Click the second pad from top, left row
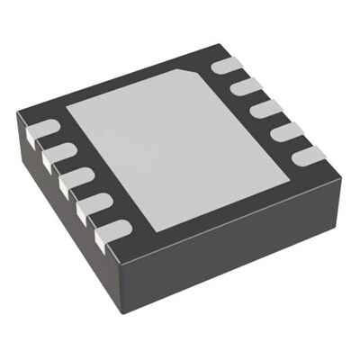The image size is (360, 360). (55, 156)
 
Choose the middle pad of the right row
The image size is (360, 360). (262, 109)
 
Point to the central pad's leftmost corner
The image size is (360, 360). (67, 101)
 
